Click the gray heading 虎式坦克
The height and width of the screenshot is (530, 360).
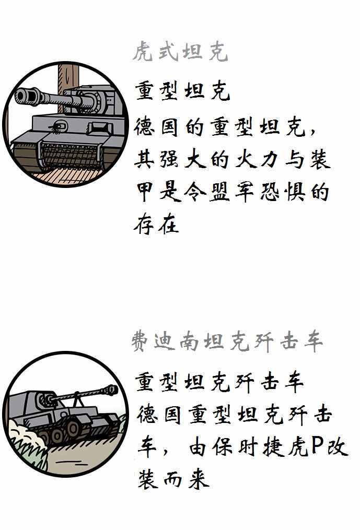tap(180, 52)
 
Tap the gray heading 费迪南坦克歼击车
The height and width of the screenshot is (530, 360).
tap(227, 341)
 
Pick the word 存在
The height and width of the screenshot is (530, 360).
tap(156, 224)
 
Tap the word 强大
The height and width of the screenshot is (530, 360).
tap(182, 160)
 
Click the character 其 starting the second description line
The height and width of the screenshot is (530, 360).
tap(145, 160)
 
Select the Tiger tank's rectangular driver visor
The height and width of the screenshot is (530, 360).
tap(100, 128)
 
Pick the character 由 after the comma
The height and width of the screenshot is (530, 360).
tap(198, 447)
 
